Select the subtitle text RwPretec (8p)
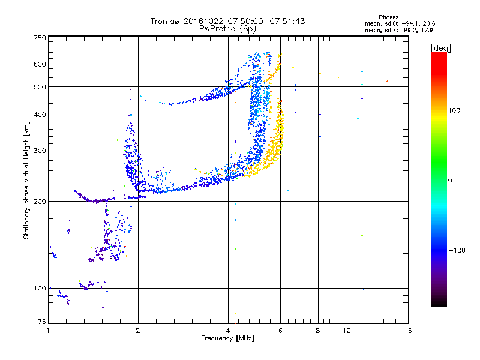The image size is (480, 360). pyautogui.click(x=227, y=29)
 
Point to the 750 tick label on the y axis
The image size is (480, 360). pyautogui.click(x=40, y=38)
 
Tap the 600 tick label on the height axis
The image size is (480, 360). pyautogui.click(x=40, y=64)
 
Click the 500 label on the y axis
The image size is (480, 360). pyautogui.click(x=40, y=87)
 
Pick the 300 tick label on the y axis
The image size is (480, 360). pyautogui.click(x=40, y=151)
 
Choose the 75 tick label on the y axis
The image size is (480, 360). pyautogui.click(x=42, y=322)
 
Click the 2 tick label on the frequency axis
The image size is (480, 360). pyautogui.click(x=138, y=331)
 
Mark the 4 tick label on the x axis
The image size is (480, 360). pyautogui.click(x=228, y=331)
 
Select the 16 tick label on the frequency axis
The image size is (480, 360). pyautogui.click(x=408, y=331)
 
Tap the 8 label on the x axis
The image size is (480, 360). pyautogui.click(x=318, y=331)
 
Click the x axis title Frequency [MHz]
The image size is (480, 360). pyautogui.click(x=227, y=338)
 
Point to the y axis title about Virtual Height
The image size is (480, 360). pyautogui.click(x=26, y=181)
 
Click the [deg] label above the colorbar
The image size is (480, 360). pyautogui.click(x=440, y=48)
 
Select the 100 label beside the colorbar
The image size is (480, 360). pyautogui.click(x=454, y=110)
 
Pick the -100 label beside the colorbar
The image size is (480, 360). pyautogui.click(x=457, y=250)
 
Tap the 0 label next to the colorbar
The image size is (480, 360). pyautogui.click(x=450, y=180)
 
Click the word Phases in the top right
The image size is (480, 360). pyautogui.click(x=388, y=17)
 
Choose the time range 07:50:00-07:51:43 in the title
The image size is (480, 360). pyautogui.click(x=266, y=21)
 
